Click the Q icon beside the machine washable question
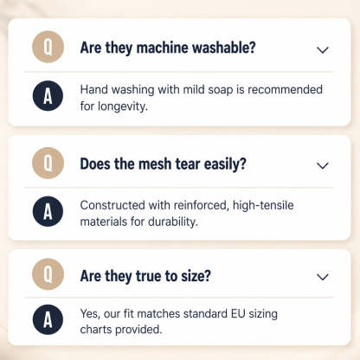[x=48, y=47]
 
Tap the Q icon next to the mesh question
[x=48, y=163]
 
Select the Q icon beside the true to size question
[x=48, y=274]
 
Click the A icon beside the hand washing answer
[x=48, y=96]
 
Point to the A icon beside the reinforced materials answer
[x=48, y=211]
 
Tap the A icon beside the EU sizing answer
[x=48, y=319]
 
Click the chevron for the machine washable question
[x=323, y=50]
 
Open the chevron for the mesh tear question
[x=323, y=165]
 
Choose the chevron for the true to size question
[x=323, y=277]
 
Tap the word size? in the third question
[x=196, y=276]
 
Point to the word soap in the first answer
[x=221, y=90]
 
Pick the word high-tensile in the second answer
[x=263, y=205]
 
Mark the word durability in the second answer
[x=173, y=222]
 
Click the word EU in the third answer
[x=238, y=313]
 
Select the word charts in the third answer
[x=96, y=330]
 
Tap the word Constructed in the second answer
[x=112, y=205]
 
